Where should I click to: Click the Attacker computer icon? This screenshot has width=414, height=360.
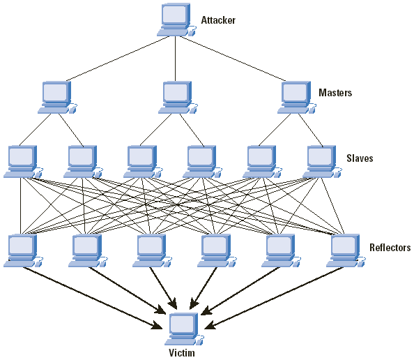[x=176, y=20]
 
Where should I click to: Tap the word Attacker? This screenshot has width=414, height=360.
[x=218, y=20]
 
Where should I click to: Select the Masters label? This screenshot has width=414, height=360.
[x=335, y=93]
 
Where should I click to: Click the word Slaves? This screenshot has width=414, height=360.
[x=360, y=158]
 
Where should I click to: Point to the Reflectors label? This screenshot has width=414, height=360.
[x=390, y=248]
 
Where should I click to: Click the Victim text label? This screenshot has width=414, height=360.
[x=182, y=353]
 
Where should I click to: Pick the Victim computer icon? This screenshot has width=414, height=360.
[x=184, y=329]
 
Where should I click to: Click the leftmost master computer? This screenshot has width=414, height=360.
[x=57, y=98]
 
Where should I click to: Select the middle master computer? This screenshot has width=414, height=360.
[x=178, y=98]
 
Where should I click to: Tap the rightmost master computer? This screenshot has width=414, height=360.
[x=297, y=98]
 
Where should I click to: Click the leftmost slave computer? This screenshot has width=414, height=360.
[x=23, y=161]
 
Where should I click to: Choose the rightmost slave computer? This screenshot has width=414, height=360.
[x=323, y=161]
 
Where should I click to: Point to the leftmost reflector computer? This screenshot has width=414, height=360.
[x=23, y=250]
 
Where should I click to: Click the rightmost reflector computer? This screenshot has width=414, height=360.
[x=346, y=250]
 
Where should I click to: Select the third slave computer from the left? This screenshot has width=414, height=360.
[x=143, y=161]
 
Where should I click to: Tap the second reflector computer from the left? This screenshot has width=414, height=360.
[x=89, y=250]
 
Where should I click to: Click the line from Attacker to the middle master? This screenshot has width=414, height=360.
[x=176, y=59]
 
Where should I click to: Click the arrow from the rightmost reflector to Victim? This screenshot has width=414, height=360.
[x=273, y=298]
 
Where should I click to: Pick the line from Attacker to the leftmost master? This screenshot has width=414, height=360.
[x=118, y=59]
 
